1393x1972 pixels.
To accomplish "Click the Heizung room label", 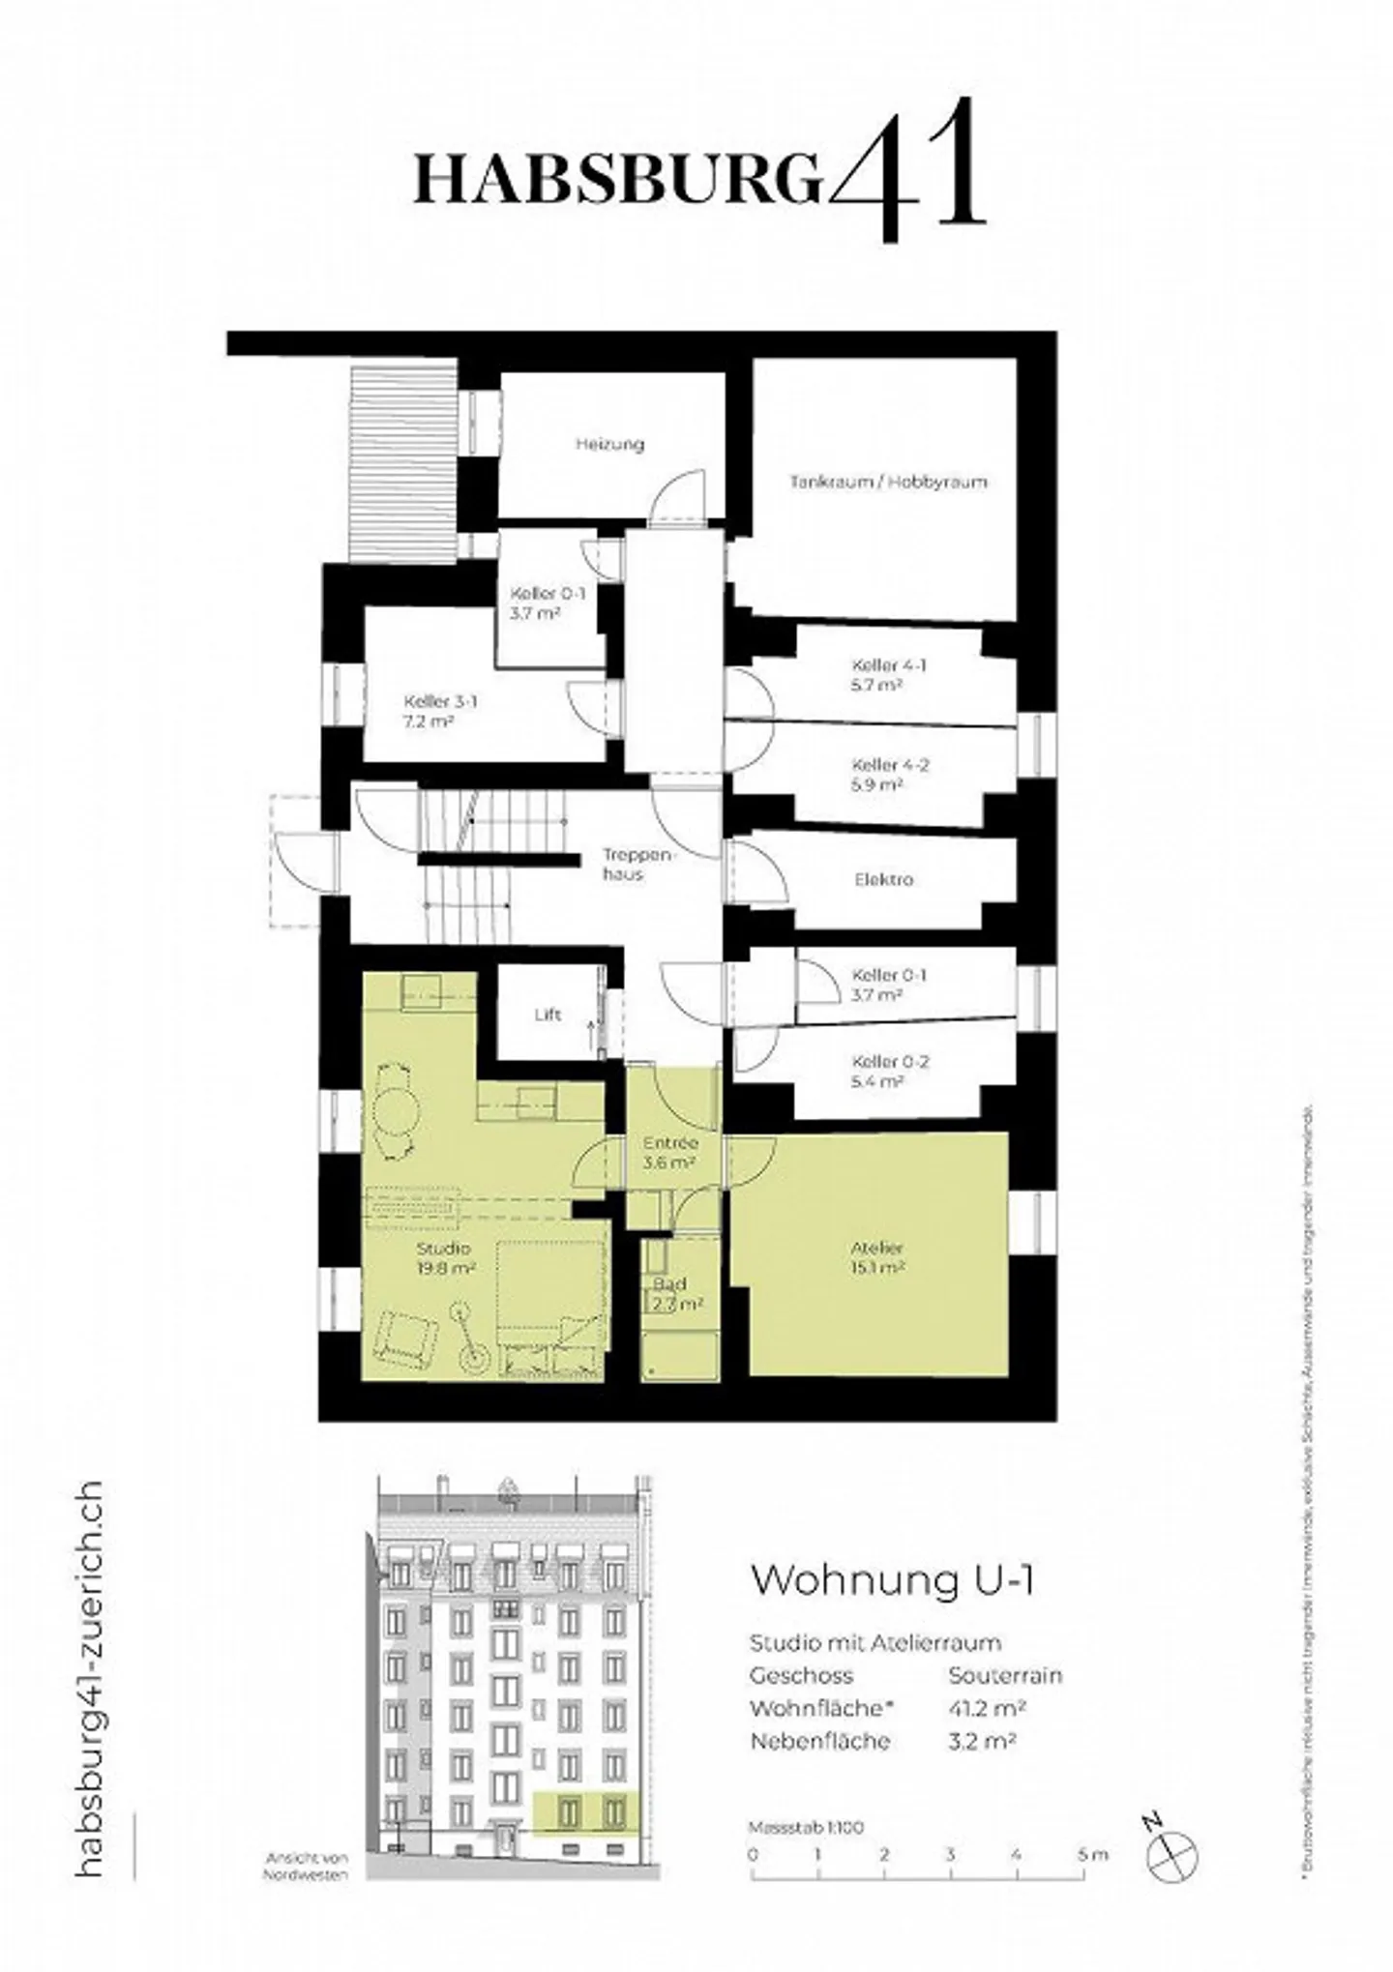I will [609, 445].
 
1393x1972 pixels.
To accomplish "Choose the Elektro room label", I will [883, 880].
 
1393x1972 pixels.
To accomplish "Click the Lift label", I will [548, 1015].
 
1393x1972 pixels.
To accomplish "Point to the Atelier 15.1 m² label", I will [877, 1257].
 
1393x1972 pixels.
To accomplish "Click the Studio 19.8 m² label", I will [444, 1257].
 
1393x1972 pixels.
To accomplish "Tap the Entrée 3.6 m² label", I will [670, 1153].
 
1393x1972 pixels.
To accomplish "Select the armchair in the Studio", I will [404, 1339].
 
